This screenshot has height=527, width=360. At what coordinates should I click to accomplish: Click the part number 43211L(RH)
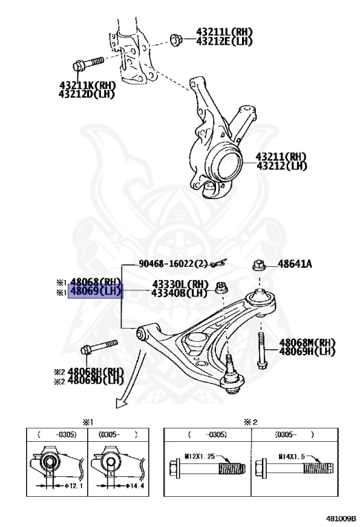(224, 32)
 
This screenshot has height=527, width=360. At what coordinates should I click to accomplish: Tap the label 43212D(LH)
(86, 94)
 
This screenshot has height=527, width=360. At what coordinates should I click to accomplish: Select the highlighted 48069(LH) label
(96, 291)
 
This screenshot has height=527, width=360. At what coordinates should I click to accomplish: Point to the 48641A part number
(295, 264)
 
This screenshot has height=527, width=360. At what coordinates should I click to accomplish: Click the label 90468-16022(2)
(173, 263)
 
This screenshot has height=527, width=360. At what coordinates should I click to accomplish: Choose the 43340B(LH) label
(180, 293)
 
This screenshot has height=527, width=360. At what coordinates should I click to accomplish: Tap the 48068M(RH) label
(307, 342)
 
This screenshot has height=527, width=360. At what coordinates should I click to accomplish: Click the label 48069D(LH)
(96, 380)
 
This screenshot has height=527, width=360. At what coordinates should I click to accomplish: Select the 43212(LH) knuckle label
(282, 165)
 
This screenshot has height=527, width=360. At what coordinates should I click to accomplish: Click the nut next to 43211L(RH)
(176, 40)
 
